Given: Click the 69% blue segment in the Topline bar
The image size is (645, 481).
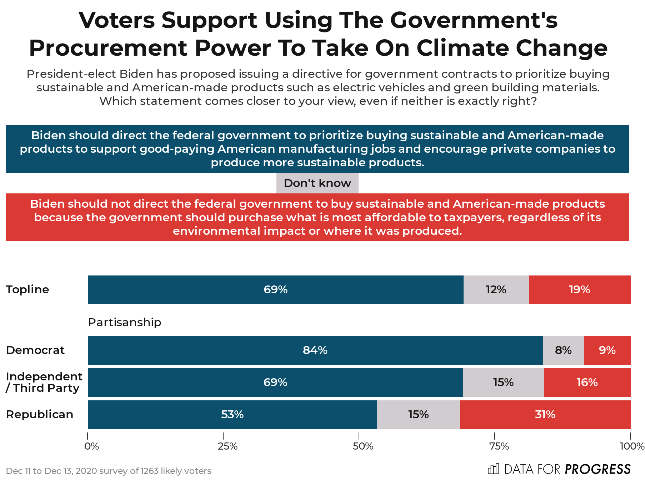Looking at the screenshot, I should [x=275, y=289].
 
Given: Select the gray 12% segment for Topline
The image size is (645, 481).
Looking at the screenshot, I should [x=496, y=289].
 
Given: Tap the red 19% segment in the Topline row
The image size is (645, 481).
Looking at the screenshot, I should [x=580, y=289].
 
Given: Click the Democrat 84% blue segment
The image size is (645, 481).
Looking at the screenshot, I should [x=315, y=350].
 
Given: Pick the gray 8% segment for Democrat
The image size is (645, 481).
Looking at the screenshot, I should [x=563, y=350].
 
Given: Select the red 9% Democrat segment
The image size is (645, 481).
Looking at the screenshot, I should [x=607, y=350].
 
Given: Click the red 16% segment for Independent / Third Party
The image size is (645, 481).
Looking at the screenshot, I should [x=587, y=382].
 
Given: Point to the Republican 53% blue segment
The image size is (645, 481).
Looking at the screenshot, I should [x=232, y=414].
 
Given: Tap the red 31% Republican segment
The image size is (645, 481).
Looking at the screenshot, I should [x=545, y=414].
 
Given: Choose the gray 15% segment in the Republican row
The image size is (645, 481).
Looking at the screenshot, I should [x=418, y=414].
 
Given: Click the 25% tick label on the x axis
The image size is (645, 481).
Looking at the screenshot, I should [x=227, y=446].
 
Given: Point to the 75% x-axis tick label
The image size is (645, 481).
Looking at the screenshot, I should [x=499, y=446].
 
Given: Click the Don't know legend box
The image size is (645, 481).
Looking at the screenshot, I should [x=317, y=183].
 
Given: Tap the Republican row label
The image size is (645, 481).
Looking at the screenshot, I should [x=40, y=414].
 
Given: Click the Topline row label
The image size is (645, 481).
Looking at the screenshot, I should [x=27, y=289].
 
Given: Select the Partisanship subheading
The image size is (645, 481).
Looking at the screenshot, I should [x=125, y=322].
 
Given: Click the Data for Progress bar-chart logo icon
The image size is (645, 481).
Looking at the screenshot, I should [x=493, y=469].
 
